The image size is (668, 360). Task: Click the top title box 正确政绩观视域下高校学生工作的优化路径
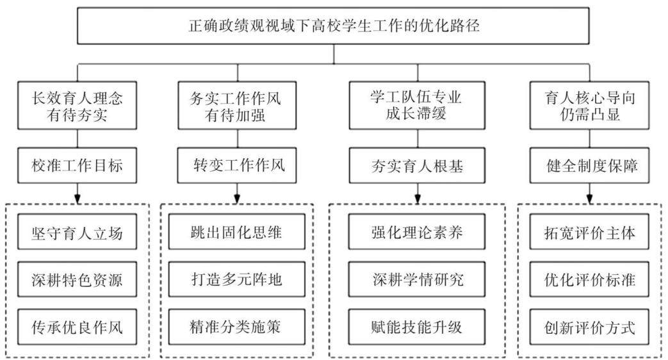click(333, 26)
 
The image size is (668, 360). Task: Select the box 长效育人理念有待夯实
click(77, 106)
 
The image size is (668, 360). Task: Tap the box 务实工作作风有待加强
click(237, 106)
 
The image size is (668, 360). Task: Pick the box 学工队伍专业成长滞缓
click(417, 106)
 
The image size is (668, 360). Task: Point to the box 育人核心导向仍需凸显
click(590, 106)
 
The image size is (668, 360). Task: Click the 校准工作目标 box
click(77, 165)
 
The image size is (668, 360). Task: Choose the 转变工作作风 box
click(237, 165)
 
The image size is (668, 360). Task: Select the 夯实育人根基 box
click(417, 165)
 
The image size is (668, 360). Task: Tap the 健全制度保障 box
click(590, 165)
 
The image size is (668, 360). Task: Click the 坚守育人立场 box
click(77, 232)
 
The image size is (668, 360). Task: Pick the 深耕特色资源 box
click(77, 279)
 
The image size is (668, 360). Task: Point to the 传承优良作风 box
click(77, 327)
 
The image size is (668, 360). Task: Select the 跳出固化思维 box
click(237, 232)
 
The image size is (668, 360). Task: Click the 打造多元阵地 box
click(237, 279)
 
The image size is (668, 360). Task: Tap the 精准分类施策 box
click(237, 327)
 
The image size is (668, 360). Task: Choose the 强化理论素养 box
click(417, 232)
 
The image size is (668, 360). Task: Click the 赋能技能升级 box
click(417, 327)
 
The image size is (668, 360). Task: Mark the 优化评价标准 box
click(590, 279)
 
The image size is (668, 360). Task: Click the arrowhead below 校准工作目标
click(77, 199)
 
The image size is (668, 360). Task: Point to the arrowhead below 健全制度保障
click(590, 199)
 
